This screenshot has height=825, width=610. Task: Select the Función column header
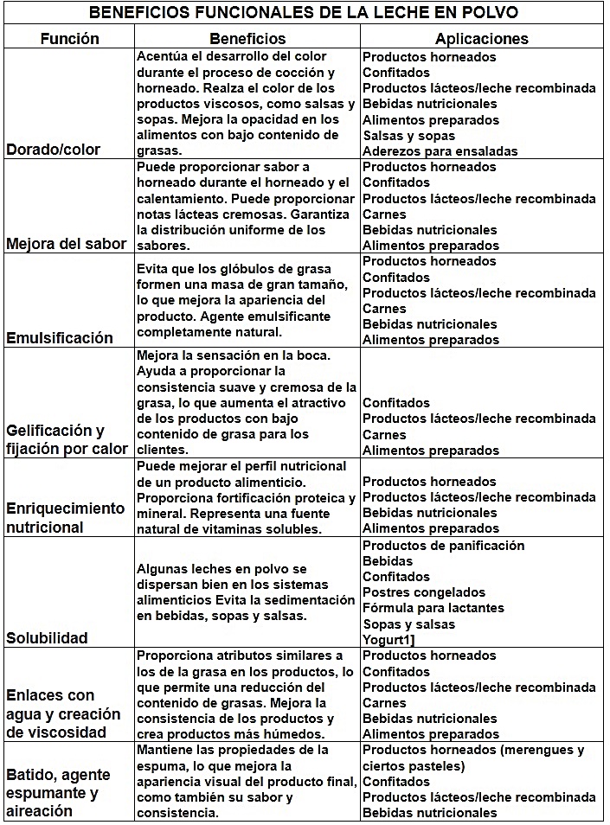69,39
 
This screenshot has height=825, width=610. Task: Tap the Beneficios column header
247,39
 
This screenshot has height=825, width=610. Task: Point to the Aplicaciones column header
481,39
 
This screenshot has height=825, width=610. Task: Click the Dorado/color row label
54,150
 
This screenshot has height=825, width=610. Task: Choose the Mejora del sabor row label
67,244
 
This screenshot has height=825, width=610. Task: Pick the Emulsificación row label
60,338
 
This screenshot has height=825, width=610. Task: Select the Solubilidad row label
48,638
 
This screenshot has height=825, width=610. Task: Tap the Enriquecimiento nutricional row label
66,518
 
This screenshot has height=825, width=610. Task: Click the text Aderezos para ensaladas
440,151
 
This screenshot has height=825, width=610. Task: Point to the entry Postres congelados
424,592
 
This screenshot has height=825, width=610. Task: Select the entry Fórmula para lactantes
433,608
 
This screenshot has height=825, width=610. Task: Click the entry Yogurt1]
391,639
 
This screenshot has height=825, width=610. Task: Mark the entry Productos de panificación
443,546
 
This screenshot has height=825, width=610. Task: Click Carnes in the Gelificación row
384,435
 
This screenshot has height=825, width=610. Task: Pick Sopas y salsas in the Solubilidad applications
408,624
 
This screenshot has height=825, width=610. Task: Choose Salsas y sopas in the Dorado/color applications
408,136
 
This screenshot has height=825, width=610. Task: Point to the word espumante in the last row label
44,793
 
